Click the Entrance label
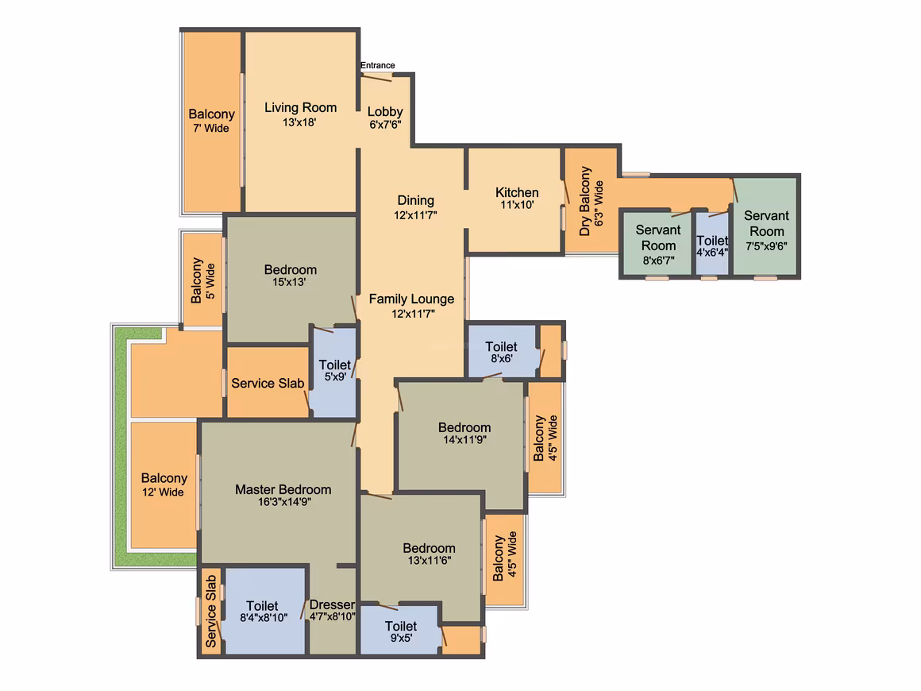(378, 65)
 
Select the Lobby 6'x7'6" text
(385, 118)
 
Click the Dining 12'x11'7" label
(415, 207)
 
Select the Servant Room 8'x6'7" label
(658, 245)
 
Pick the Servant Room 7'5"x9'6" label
(766, 231)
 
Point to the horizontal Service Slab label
(268, 383)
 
